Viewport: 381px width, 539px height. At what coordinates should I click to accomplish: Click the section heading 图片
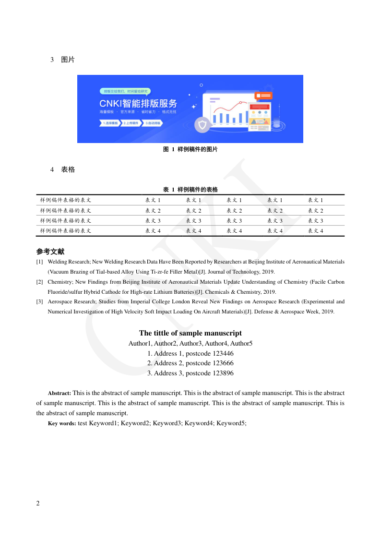pyautogui.click(x=68, y=60)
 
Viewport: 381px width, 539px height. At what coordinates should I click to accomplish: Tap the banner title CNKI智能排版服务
pyautogui.click(x=138, y=103)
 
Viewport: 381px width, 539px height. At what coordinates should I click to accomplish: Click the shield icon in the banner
pyautogui.click(x=202, y=126)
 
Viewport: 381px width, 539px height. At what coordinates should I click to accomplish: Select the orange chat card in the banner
pyautogui.click(x=263, y=96)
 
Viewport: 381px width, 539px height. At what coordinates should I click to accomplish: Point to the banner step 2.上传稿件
pyautogui.click(x=130, y=123)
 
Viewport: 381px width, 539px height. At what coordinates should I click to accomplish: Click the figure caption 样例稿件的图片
pyautogui.click(x=197, y=149)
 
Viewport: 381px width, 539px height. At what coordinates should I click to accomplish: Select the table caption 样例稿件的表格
pyautogui.click(x=197, y=190)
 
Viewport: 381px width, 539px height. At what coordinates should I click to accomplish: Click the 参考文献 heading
pyautogui.click(x=50, y=252)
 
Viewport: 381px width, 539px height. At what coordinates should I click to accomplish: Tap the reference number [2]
pyautogui.click(x=39, y=282)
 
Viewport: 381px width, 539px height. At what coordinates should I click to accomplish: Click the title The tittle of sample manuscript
pyautogui.click(x=190, y=333)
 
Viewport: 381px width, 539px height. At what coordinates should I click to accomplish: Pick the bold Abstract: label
pyautogui.click(x=60, y=393)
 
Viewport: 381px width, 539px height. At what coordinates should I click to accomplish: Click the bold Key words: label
pyautogui.click(x=62, y=423)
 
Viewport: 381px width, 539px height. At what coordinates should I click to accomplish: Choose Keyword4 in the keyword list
pyautogui.click(x=199, y=423)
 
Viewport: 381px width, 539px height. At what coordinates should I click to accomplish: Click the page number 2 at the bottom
pyautogui.click(x=38, y=503)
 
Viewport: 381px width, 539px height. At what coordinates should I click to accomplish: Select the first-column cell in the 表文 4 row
pyautogui.click(x=66, y=231)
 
